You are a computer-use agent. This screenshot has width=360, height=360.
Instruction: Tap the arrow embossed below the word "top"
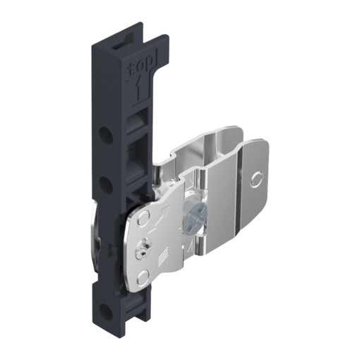pyautogui.click(x=139, y=89)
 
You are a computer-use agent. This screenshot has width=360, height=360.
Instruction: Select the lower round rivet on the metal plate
pyautogui.click(x=143, y=277)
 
